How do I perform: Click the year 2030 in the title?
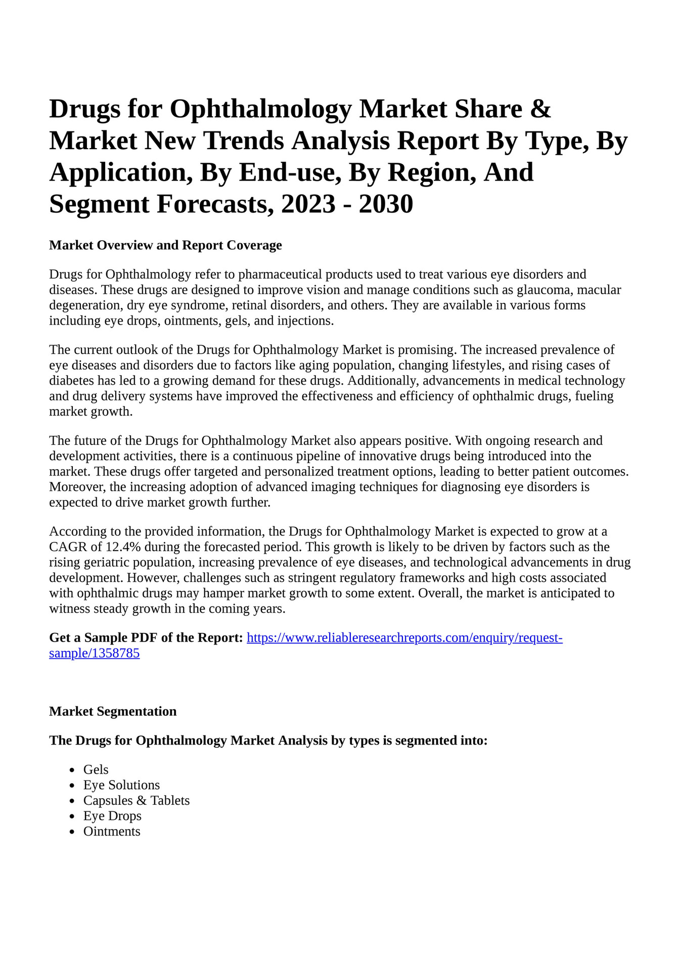386,204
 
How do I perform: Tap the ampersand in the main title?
541,109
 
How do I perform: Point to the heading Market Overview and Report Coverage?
165,245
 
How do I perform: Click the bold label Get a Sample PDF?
146,637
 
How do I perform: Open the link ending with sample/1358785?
94,653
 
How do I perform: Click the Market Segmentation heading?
113,711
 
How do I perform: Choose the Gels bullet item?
96,769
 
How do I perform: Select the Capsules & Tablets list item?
137,800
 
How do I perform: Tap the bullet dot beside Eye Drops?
73,816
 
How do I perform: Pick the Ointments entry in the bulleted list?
112,831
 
